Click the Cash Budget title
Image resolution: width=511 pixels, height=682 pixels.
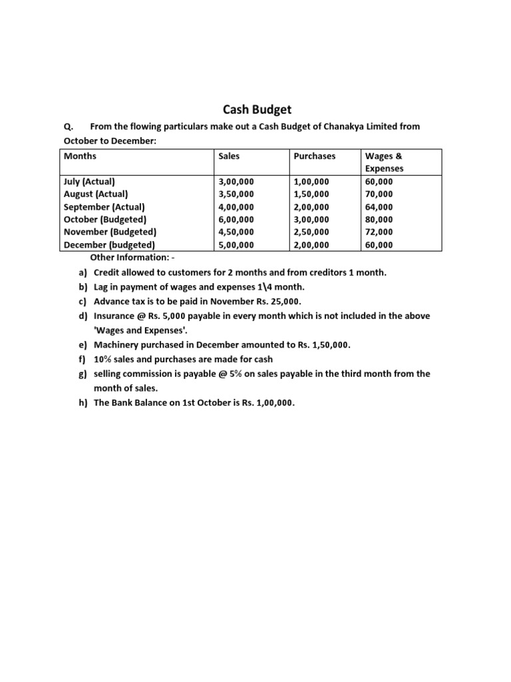coord(256,109)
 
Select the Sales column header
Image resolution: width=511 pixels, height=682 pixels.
coord(229,156)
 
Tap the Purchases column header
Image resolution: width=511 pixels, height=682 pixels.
coord(315,156)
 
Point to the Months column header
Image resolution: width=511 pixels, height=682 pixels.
coord(81,156)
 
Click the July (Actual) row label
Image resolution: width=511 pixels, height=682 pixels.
coord(89,181)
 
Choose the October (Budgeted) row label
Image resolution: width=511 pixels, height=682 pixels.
coord(105,219)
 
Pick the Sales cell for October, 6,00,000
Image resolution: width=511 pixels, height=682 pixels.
coord(236,219)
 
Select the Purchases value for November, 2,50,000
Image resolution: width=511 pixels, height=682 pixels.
coord(311,232)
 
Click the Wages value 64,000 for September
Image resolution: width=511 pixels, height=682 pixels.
coord(379,206)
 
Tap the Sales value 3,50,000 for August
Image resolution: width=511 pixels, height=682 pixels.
coord(236,194)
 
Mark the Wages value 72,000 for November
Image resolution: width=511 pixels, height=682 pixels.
coord(379,232)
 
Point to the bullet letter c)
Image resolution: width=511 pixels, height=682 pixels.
coord(83,300)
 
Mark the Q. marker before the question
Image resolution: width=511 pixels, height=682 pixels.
coord(69,127)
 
